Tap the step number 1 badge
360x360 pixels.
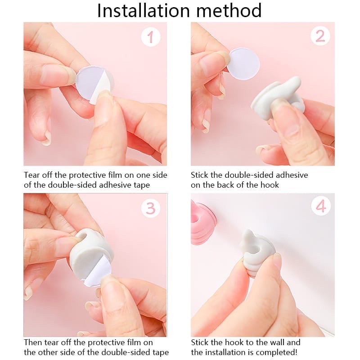(x=151, y=37)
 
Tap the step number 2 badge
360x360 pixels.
(x=319, y=36)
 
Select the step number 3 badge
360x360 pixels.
(x=151, y=208)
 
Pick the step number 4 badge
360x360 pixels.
(x=320, y=207)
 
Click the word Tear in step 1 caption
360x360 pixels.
(x=32, y=175)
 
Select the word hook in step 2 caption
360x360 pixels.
(x=270, y=185)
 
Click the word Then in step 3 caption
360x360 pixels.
(x=33, y=342)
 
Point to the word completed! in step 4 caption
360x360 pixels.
(x=278, y=352)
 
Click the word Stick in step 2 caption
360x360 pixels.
(x=200, y=175)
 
